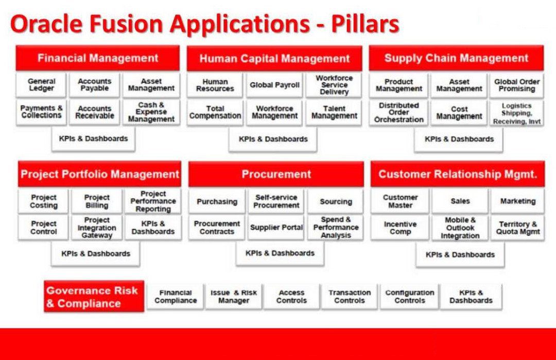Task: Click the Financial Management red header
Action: pyautogui.click(x=98, y=58)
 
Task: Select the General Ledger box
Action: pyautogui.click(x=42, y=85)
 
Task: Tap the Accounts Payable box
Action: pyautogui.click(x=94, y=85)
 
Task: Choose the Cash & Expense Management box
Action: pyautogui.click(x=151, y=112)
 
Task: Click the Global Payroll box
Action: pyautogui.click(x=275, y=85)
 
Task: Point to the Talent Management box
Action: pyautogui.click(x=334, y=112)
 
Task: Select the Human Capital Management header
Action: pyautogui.click(x=274, y=59)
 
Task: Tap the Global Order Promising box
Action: pyautogui.click(x=516, y=85)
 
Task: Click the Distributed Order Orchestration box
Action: pyautogui.click(x=399, y=112)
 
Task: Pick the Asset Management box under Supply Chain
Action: pyautogui.click(x=459, y=85)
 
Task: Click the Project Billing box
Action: pyautogui.click(x=97, y=201)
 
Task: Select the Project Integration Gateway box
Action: pyautogui.click(x=97, y=228)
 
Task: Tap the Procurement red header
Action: pyautogui.click(x=276, y=174)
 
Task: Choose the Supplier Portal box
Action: pyautogui.click(x=276, y=228)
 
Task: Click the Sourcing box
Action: pyautogui.click(x=336, y=201)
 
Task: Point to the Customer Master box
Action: pyautogui.click(x=400, y=201)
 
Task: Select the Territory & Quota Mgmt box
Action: pyautogui.click(x=518, y=228)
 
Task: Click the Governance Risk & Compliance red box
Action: pyautogui.click(x=94, y=297)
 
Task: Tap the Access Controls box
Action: pyautogui.click(x=291, y=297)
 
